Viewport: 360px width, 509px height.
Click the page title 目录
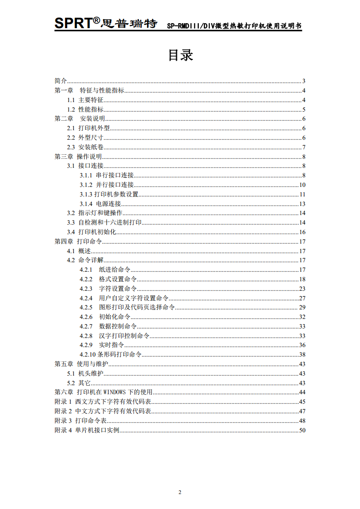(x=180, y=55)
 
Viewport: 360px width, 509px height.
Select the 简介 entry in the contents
(x=61, y=81)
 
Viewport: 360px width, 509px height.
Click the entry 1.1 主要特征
(x=85, y=100)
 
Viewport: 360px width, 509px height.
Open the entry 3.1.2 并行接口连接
(x=107, y=185)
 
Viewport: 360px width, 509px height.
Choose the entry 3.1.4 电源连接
(x=100, y=204)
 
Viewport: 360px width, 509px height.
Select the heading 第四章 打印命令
(x=78, y=241)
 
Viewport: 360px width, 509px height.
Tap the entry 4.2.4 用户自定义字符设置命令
(x=124, y=298)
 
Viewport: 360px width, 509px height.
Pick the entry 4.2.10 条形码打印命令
(x=110, y=354)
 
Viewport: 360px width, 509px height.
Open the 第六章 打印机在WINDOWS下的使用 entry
(x=104, y=392)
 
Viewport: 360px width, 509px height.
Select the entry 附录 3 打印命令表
(x=80, y=421)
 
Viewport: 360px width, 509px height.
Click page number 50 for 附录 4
(x=302, y=430)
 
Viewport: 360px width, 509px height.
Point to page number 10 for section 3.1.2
(x=302, y=185)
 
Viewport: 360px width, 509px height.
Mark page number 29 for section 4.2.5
(x=302, y=307)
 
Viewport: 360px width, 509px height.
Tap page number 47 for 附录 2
(x=302, y=411)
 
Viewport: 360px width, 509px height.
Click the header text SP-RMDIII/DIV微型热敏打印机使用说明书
(x=233, y=26)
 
